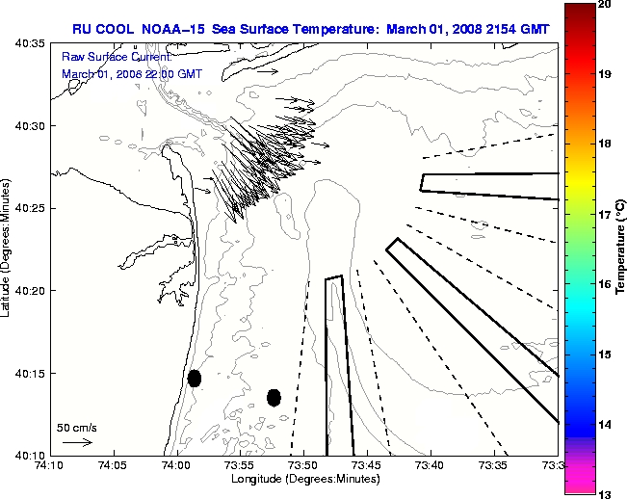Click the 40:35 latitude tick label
(31, 44)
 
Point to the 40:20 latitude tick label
(31, 291)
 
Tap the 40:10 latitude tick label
(31, 455)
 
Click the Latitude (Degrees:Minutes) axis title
(8, 249)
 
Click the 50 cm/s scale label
(76, 426)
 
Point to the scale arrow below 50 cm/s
(77, 442)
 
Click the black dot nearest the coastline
(195, 378)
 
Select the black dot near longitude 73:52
(274, 397)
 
